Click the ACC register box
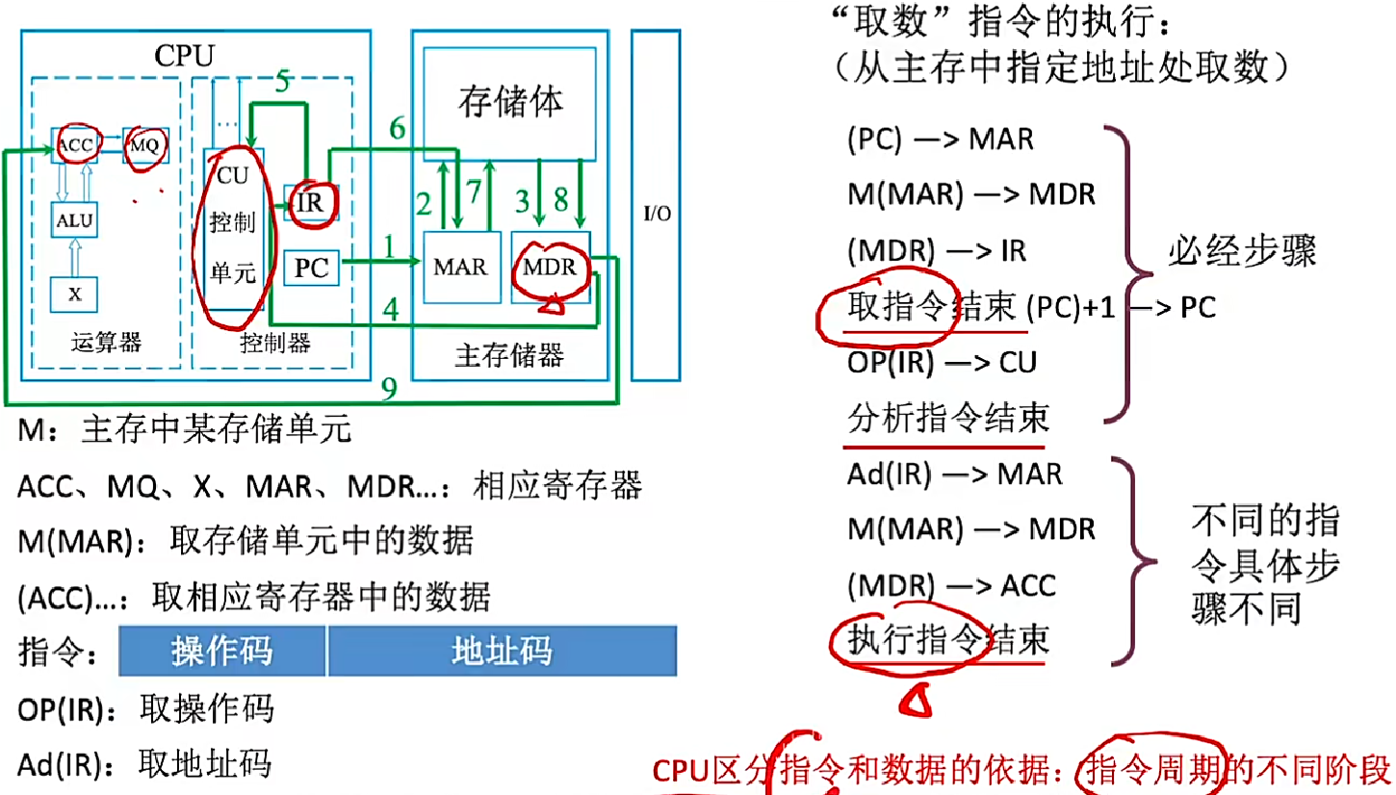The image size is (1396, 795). point(74,144)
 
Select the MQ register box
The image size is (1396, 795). point(145,144)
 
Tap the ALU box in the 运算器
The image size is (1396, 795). point(75,220)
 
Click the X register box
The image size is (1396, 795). point(75,295)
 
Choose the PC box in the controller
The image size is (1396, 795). point(312,268)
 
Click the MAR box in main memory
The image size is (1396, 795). point(459,267)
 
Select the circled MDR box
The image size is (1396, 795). point(550,267)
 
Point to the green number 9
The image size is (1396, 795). point(388,388)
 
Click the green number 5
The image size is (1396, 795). point(281,83)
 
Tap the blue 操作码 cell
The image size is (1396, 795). point(222,652)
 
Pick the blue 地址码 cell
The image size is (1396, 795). point(502,652)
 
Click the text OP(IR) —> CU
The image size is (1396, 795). point(942,363)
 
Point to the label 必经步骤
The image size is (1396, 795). point(1242,251)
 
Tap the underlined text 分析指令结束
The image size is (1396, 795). point(947,420)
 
